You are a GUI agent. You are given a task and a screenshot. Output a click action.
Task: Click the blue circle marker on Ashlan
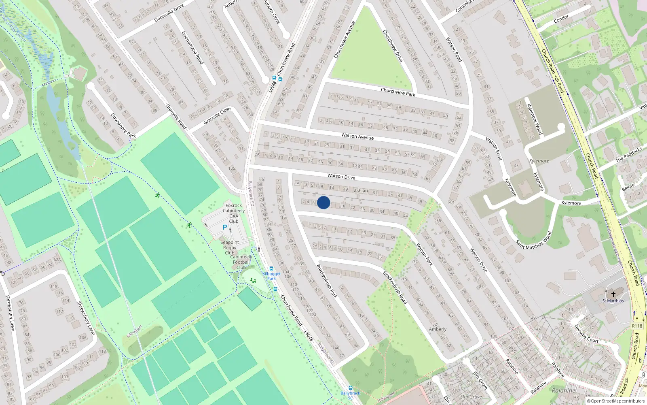point(323,202)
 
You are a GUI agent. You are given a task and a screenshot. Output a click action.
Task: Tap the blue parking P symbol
point(225,228)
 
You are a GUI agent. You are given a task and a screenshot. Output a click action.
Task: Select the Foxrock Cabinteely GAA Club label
point(234,213)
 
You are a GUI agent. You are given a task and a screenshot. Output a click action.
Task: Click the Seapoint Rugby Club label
point(230,247)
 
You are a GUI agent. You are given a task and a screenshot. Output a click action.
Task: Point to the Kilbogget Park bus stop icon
point(271,269)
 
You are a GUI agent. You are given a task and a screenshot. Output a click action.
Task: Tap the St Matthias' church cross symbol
point(613,294)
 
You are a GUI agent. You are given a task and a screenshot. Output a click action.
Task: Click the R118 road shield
point(637,326)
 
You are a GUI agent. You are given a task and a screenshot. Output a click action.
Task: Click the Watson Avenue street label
point(357,136)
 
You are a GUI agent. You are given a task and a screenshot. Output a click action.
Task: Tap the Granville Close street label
point(217,116)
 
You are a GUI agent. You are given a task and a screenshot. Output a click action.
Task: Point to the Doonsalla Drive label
point(169,13)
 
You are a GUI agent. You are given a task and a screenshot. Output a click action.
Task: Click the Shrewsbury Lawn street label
point(86,318)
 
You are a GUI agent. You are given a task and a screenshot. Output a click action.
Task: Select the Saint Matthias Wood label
point(534,241)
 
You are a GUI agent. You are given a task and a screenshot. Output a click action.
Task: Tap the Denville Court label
point(586,334)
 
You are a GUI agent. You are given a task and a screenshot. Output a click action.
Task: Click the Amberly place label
point(438,329)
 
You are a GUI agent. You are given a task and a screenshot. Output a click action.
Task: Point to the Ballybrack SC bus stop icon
point(350,388)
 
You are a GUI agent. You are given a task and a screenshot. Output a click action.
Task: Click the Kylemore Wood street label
point(534,119)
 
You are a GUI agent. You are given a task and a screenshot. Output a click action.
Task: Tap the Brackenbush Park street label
point(326,281)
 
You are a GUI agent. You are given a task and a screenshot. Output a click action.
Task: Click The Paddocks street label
point(629,155)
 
